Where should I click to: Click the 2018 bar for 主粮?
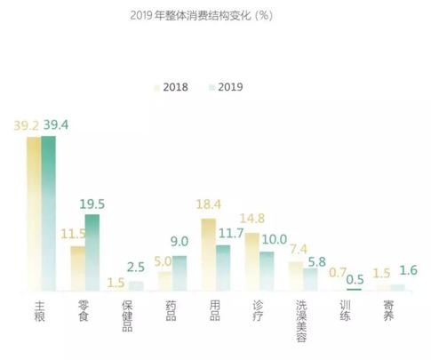(34, 213)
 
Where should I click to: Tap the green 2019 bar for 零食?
(92, 252)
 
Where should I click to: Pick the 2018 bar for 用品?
(209, 254)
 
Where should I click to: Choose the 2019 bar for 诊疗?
(267, 270)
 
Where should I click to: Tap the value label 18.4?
(209, 206)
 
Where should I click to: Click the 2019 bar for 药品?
(180, 273)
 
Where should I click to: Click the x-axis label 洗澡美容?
(302, 319)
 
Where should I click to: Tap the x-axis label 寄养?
(388, 312)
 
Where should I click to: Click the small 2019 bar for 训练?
(355, 289)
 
